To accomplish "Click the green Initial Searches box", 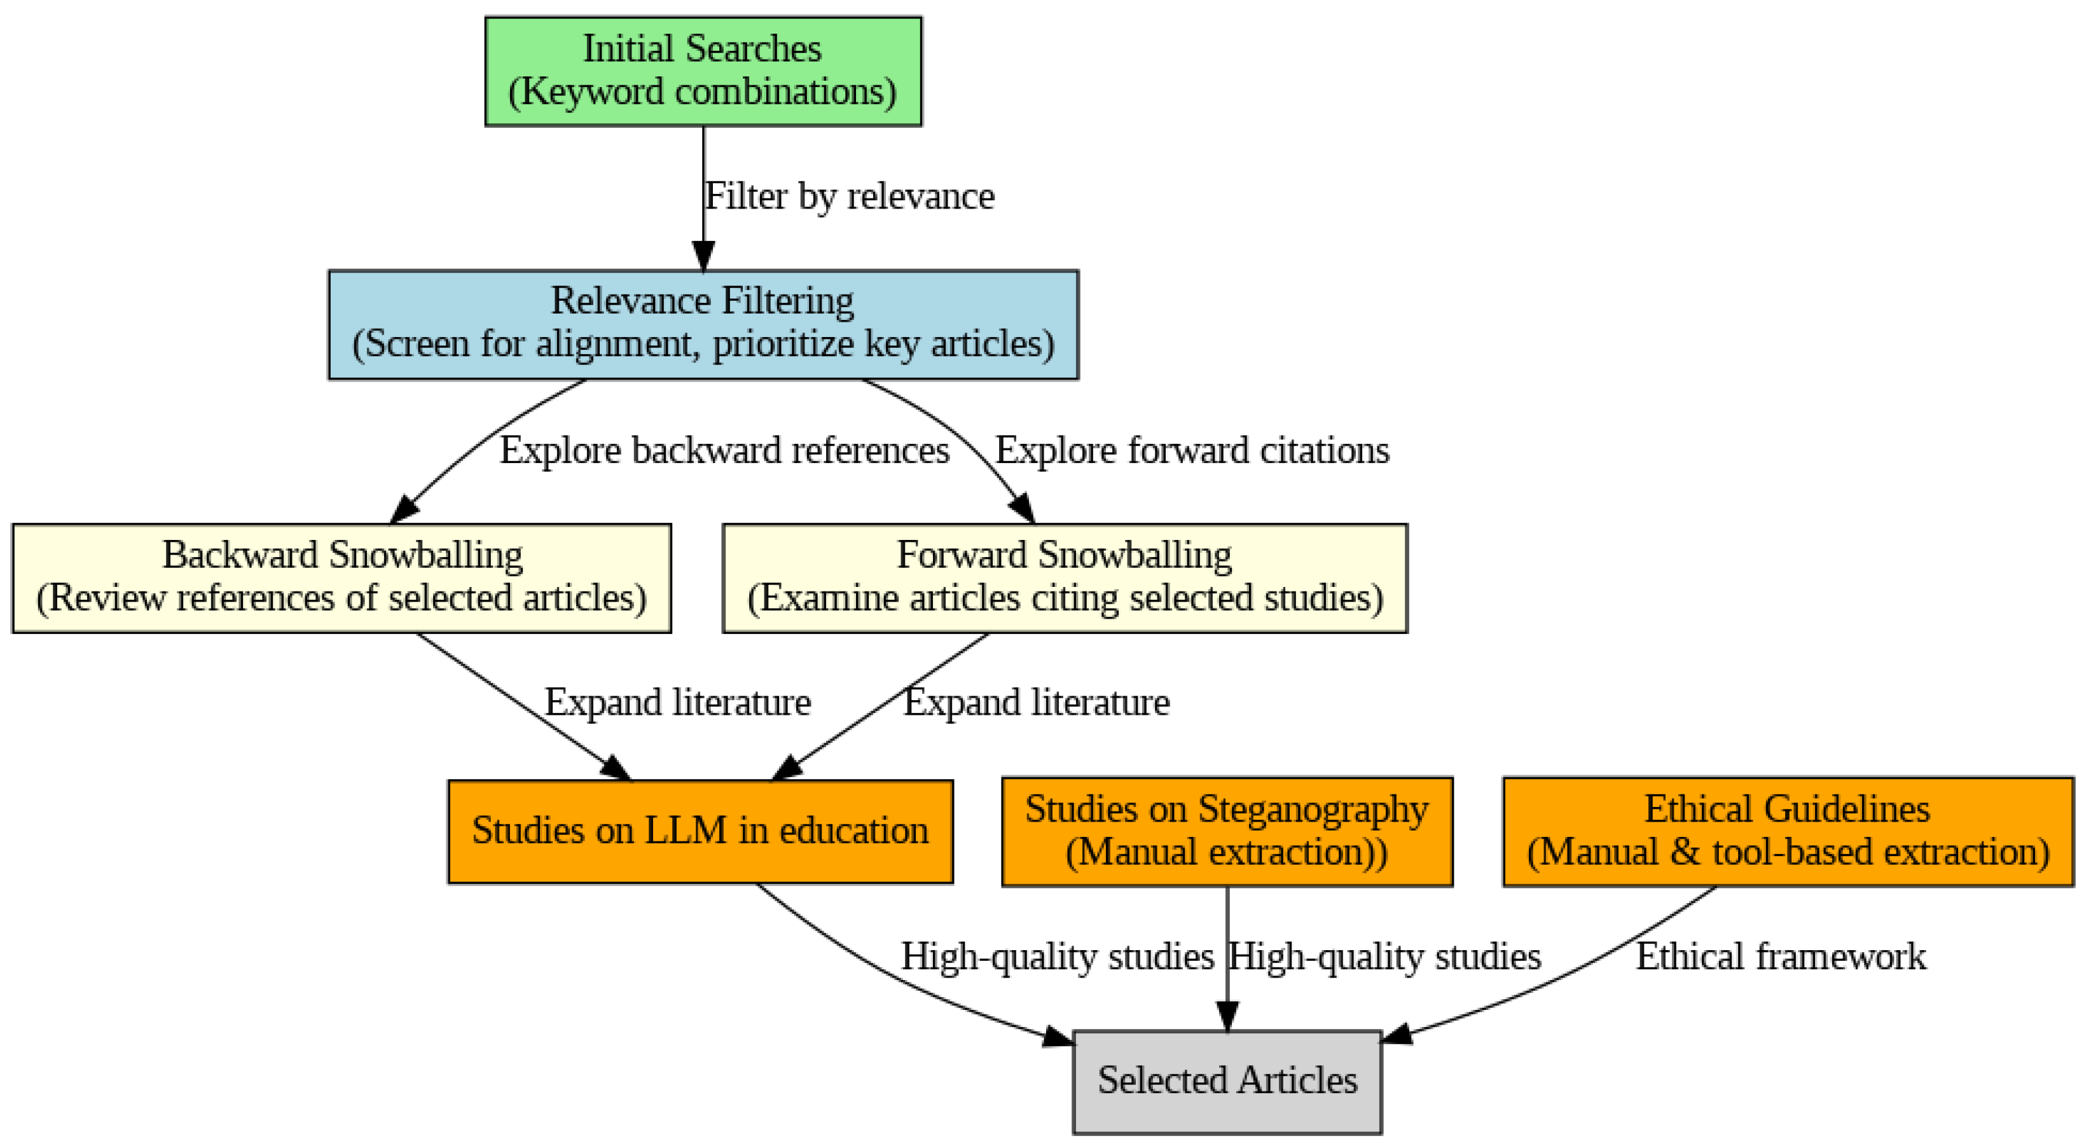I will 703,71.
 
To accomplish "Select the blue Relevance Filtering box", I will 703,324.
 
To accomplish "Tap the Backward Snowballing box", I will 341,578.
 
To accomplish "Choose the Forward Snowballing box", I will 1064,578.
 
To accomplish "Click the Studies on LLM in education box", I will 700,831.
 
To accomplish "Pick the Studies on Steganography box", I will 1227,831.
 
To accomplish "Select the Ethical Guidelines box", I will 1788,831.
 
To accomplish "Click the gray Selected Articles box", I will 1227,1081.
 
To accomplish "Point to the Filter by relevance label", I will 849,197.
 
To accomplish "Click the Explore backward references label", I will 724,450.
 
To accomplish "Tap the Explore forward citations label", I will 1192,450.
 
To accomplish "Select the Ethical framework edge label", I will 1780,956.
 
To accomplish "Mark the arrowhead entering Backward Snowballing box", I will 404,511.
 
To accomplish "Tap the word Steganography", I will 1313,809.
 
